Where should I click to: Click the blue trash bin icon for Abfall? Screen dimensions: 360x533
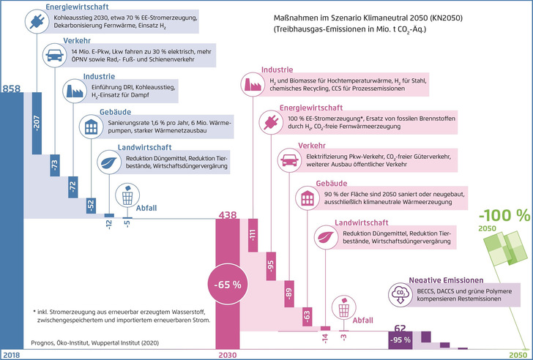click(x=127, y=196)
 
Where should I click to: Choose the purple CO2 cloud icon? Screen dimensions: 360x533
click(x=400, y=295)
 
